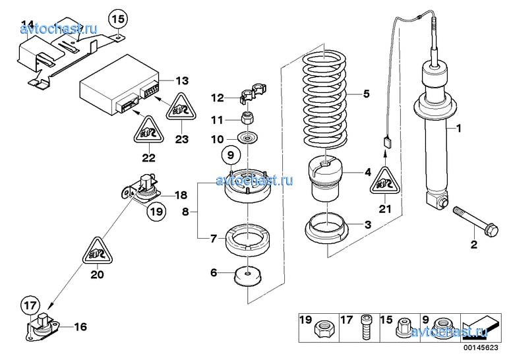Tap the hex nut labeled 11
(x=248, y=117)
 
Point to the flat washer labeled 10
(x=248, y=138)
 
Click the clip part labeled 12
(x=253, y=93)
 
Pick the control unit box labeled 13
(x=119, y=85)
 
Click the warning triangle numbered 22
(x=149, y=130)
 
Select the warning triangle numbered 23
(x=181, y=107)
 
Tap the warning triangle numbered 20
(x=97, y=252)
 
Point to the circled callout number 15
(x=118, y=19)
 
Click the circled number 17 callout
(x=30, y=305)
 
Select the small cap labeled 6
(x=248, y=277)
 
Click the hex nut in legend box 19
(x=324, y=329)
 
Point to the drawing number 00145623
(x=481, y=347)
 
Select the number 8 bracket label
(x=185, y=212)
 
